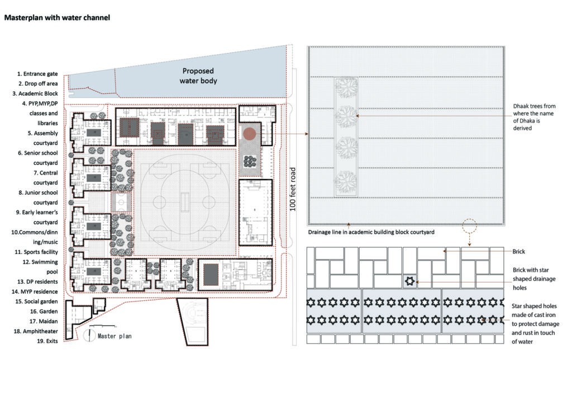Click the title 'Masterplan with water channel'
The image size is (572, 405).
pos(57,17)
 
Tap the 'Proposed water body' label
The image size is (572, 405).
pos(198,76)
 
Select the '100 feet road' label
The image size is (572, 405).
pos(293,189)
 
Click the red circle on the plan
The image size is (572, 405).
pos(250,134)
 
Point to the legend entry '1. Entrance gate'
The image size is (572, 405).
pos(37,74)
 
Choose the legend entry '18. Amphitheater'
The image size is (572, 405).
pos(36,331)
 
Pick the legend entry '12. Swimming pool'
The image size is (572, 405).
pos(40,267)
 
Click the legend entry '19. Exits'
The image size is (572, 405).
pos(47,341)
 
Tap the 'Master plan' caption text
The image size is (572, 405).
pos(115,336)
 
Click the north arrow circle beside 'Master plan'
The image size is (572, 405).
pos(89,336)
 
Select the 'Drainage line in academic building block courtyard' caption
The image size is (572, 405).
pos(371,232)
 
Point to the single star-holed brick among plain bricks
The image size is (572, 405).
pos(409,281)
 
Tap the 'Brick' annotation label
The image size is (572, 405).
pos(519,252)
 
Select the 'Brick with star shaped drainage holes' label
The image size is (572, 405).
pos(534,279)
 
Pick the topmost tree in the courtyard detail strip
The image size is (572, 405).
pos(346,88)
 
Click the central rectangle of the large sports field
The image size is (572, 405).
pos(184,201)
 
